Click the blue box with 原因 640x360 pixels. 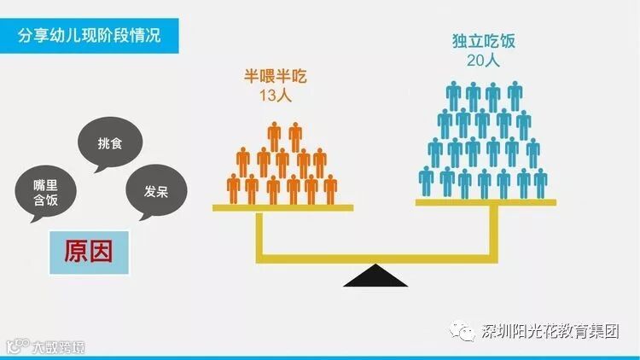[x=90, y=251]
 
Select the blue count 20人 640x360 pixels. [x=484, y=61]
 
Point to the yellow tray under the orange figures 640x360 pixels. [x=282, y=207]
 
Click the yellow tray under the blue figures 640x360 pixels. [x=486, y=202]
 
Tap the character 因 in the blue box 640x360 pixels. [x=104, y=251]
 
